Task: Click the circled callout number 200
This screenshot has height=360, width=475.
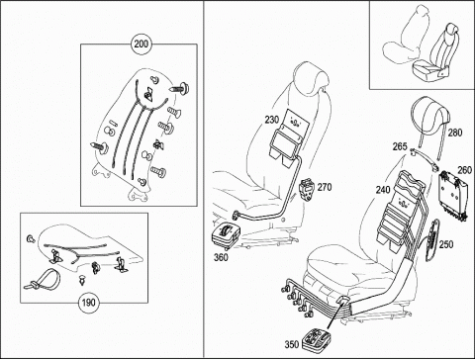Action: pyautogui.click(x=142, y=44)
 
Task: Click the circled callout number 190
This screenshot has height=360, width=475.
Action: pyautogui.click(x=88, y=303)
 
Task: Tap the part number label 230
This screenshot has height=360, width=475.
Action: pyautogui.click(x=272, y=120)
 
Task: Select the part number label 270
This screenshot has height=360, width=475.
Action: pyautogui.click(x=325, y=187)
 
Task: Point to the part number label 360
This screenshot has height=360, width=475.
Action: pyautogui.click(x=221, y=257)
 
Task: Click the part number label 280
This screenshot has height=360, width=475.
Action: pyautogui.click(x=455, y=133)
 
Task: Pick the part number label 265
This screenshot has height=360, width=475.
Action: pyautogui.click(x=400, y=146)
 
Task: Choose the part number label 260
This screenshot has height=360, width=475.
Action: pyautogui.click(x=465, y=170)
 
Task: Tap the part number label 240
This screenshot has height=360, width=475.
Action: pyautogui.click(x=383, y=190)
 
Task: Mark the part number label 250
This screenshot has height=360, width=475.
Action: pyautogui.click(x=446, y=244)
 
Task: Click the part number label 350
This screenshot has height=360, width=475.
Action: pyautogui.click(x=292, y=344)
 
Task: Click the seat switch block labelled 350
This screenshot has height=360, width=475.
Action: pyautogui.click(x=318, y=338)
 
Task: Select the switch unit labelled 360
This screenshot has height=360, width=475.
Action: pyautogui.click(x=226, y=236)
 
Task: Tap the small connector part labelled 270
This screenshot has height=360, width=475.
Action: pyautogui.click(x=307, y=190)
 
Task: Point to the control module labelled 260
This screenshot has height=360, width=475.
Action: pyautogui.click(x=452, y=196)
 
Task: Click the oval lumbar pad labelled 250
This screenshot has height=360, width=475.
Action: pyautogui.click(x=432, y=240)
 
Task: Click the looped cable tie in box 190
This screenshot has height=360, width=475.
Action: pyautogui.click(x=43, y=279)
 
